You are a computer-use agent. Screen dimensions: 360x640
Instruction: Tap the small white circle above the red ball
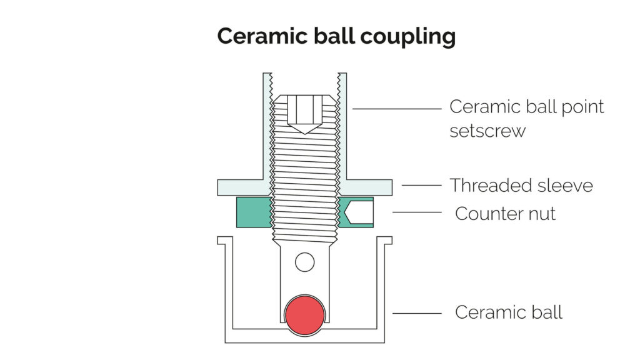click(304, 262)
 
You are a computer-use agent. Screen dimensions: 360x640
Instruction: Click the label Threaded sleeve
click(521, 185)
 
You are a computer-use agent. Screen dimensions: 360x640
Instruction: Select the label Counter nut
click(505, 213)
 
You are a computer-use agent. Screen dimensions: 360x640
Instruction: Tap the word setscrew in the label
click(487, 131)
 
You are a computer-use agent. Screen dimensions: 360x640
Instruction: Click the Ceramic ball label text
click(508, 311)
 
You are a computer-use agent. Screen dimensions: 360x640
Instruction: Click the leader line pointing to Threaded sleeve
click(421, 185)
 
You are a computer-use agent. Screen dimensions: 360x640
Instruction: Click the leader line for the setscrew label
click(397, 108)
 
